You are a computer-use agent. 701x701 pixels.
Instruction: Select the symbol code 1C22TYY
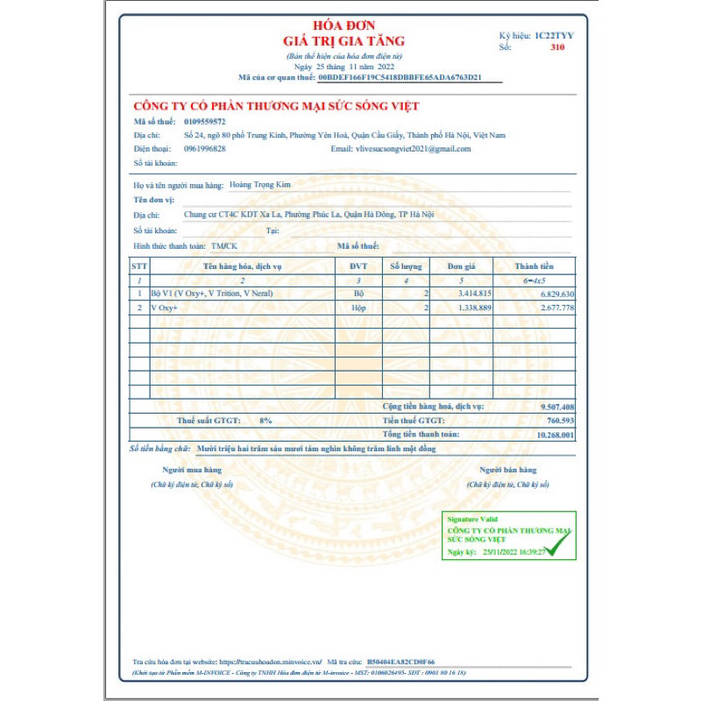coord(555,35)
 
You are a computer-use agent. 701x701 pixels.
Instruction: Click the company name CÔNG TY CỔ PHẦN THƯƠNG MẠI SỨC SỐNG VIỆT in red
coord(276,106)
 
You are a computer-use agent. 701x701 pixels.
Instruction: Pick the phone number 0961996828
coord(205,149)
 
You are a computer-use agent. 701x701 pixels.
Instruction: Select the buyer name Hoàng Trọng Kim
coord(258,185)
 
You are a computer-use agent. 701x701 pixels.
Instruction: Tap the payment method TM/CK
coord(224,246)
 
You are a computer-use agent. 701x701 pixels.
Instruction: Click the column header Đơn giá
coord(461,266)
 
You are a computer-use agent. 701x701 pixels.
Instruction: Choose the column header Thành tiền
coord(533,266)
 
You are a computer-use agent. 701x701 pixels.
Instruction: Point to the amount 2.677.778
coord(557,308)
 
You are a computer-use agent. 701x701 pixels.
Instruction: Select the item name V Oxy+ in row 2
coord(164,308)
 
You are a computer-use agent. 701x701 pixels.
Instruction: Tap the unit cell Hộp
coord(358,308)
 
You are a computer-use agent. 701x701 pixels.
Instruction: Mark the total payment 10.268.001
coord(555,435)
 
